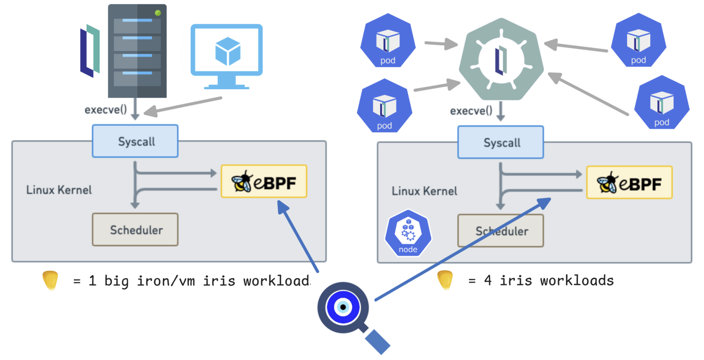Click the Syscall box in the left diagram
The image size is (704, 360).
click(x=135, y=141)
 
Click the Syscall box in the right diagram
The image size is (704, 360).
click(x=501, y=142)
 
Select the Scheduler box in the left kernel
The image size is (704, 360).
click(x=135, y=229)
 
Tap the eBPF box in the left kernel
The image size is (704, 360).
click(x=264, y=182)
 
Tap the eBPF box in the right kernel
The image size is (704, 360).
click(x=629, y=183)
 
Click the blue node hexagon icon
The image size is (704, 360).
click(x=408, y=233)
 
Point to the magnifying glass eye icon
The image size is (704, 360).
click(x=344, y=307)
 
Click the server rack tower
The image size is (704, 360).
click(x=137, y=51)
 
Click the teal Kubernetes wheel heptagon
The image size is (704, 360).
click(x=501, y=59)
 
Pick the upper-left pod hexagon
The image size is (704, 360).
click(x=388, y=41)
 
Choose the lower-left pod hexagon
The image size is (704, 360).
click(x=385, y=106)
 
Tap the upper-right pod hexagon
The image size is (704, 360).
click(x=638, y=40)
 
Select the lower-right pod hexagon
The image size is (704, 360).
click(x=662, y=102)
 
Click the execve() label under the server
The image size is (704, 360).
click(x=106, y=109)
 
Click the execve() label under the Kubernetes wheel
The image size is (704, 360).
click(x=471, y=111)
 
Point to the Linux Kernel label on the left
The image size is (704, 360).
click(x=59, y=190)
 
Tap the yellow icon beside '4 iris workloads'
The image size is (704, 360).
click(x=445, y=280)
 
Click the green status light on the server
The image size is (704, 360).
click(x=158, y=13)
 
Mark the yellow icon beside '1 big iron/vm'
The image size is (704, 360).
click(x=50, y=280)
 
